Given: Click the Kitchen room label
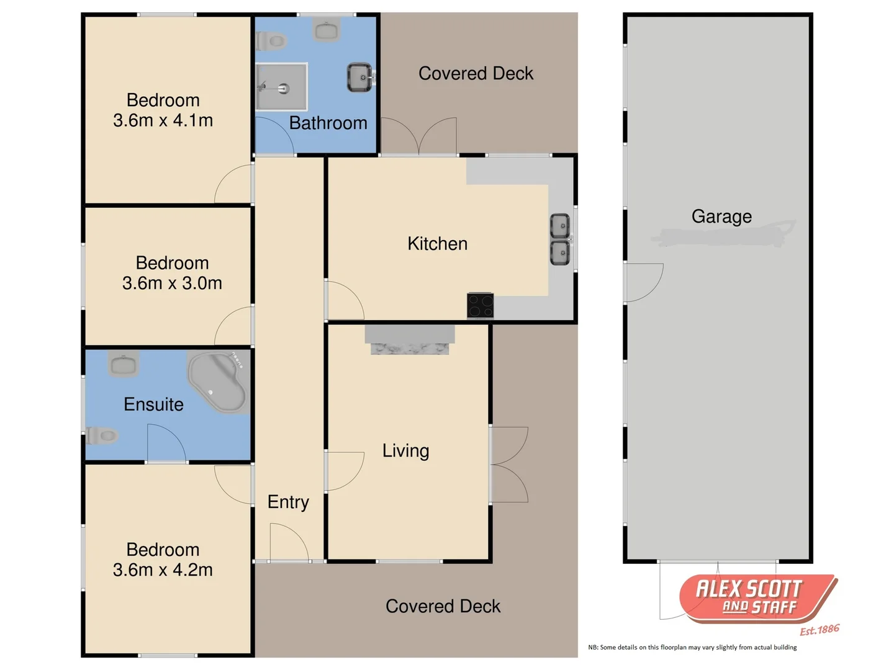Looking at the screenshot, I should (x=437, y=244).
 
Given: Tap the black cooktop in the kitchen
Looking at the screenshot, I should (x=480, y=305).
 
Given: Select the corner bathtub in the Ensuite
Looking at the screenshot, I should (x=218, y=382).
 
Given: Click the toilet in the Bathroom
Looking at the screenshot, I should (x=271, y=42).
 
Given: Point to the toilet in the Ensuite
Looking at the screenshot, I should (x=102, y=435).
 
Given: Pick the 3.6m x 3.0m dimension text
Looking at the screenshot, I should (x=172, y=284).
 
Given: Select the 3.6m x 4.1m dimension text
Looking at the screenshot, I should (x=163, y=120).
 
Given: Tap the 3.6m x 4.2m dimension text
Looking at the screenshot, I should (x=163, y=570).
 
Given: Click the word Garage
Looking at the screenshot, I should (x=721, y=217).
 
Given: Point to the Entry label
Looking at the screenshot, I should (x=288, y=502).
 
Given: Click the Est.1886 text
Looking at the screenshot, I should (x=819, y=630).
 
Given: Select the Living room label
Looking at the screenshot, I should (x=405, y=451).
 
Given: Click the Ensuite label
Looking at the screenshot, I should (x=153, y=404).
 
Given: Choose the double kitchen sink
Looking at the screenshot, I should (x=560, y=239).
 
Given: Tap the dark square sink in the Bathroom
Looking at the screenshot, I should (x=359, y=78).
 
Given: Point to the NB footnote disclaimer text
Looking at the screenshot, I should (x=692, y=648).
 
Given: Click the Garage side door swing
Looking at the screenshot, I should (x=644, y=282).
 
